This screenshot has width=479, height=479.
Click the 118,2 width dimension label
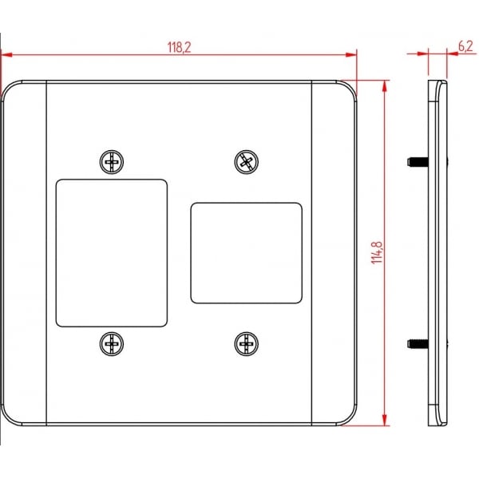point(179,47)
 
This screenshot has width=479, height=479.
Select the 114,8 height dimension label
point(377,252)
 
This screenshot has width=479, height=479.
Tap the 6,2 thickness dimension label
point(465,46)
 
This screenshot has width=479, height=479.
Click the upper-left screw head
point(112,162)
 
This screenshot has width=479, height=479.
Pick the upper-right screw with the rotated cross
point(246,162)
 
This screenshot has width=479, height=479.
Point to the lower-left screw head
point(112,343)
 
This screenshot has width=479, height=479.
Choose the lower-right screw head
point(246,343)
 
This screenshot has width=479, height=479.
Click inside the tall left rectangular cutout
point(112,253)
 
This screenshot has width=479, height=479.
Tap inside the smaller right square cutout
point(246,253)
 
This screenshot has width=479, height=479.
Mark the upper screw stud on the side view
point(418,161)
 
